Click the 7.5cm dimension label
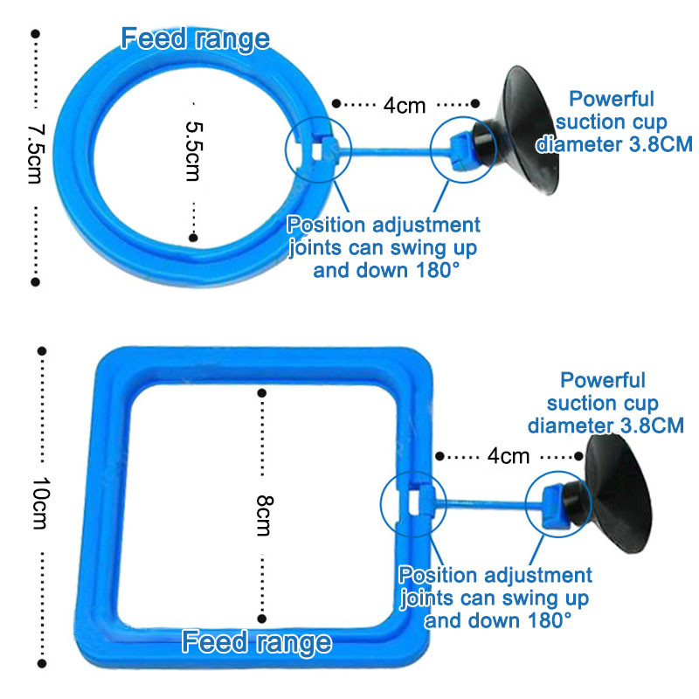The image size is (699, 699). (35, 152)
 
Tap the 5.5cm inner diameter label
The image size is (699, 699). (193, 151)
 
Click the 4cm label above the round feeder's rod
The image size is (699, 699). (404, 106)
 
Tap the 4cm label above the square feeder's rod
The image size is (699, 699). (508, 455)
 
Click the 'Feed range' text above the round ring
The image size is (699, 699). (195, 38)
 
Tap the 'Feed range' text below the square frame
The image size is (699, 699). (257, 643)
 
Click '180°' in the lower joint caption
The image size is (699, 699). (545, 619)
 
